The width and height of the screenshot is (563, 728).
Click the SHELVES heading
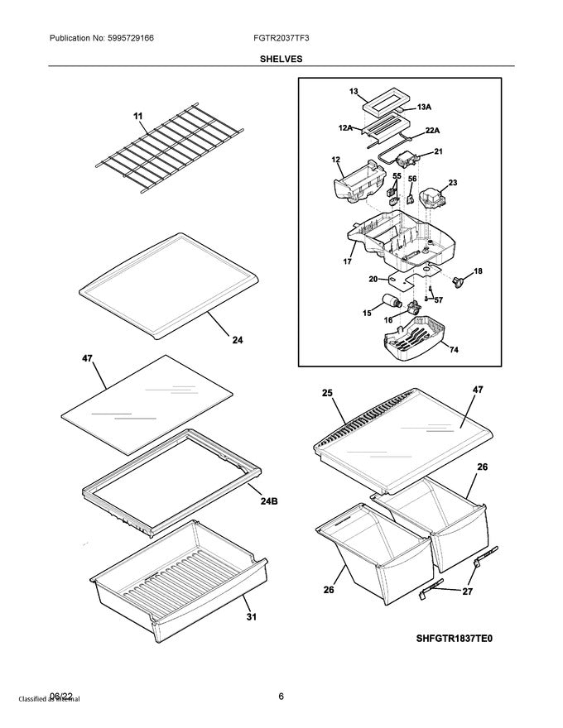tap(281, 59)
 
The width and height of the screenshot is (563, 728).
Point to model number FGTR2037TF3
tap(281, 37)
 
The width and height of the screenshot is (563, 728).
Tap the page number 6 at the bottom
tap(281, 696)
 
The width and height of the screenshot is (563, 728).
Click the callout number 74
tap(453, 349)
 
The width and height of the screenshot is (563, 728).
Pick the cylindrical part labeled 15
tap(389, 303)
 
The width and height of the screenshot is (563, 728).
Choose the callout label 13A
tap(423, 107)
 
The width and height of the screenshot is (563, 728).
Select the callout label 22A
tap(432, 130)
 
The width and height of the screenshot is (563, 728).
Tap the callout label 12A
tap(344, 128)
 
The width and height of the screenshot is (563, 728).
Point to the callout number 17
tap(347, 261)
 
